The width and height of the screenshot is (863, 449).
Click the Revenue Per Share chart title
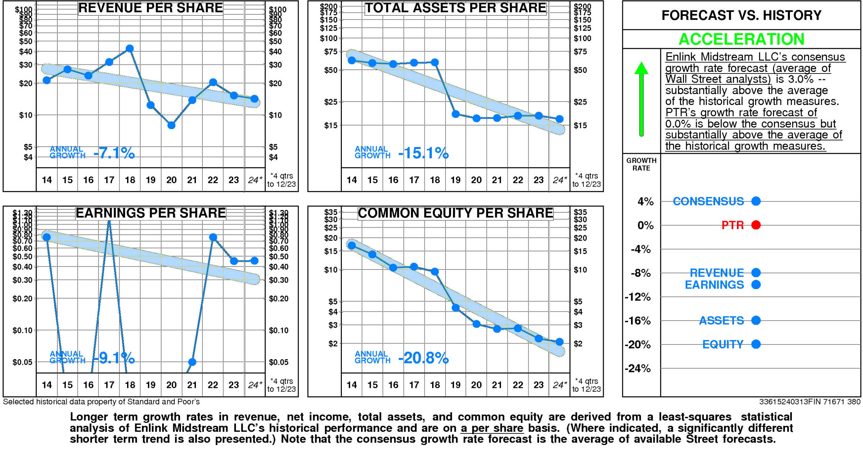(x=150, y=8)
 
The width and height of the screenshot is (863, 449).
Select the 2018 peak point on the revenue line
(x=130, y=49)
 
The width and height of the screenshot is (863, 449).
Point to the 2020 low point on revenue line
(x=171, y=125)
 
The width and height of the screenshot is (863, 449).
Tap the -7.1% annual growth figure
(x=114, y=153)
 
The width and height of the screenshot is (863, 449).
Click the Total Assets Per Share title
(x=455, y=8)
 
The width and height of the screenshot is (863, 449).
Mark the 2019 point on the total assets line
(x=455, y=114)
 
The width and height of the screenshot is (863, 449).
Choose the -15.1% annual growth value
(x=423, y=153)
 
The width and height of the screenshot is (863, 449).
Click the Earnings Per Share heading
(x=150, y=213)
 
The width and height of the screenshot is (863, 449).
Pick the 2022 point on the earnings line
(x=213, y=237)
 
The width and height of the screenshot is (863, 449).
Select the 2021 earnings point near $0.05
(x=192, y=362)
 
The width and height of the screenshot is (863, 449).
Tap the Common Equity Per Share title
(x=455, y=213)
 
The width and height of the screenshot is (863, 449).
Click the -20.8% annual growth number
(x=423, y=358)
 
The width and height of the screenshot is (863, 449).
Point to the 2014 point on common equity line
(x=352, y=245)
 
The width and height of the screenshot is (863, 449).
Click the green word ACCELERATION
(x=741, y=39)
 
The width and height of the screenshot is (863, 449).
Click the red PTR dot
(x=756, y=225)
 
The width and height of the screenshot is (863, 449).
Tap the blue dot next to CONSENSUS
(x=756, y=201)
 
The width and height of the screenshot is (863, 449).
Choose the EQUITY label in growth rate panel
(x=723, y=344)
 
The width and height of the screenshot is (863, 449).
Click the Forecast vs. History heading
(x=741, y=15)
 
